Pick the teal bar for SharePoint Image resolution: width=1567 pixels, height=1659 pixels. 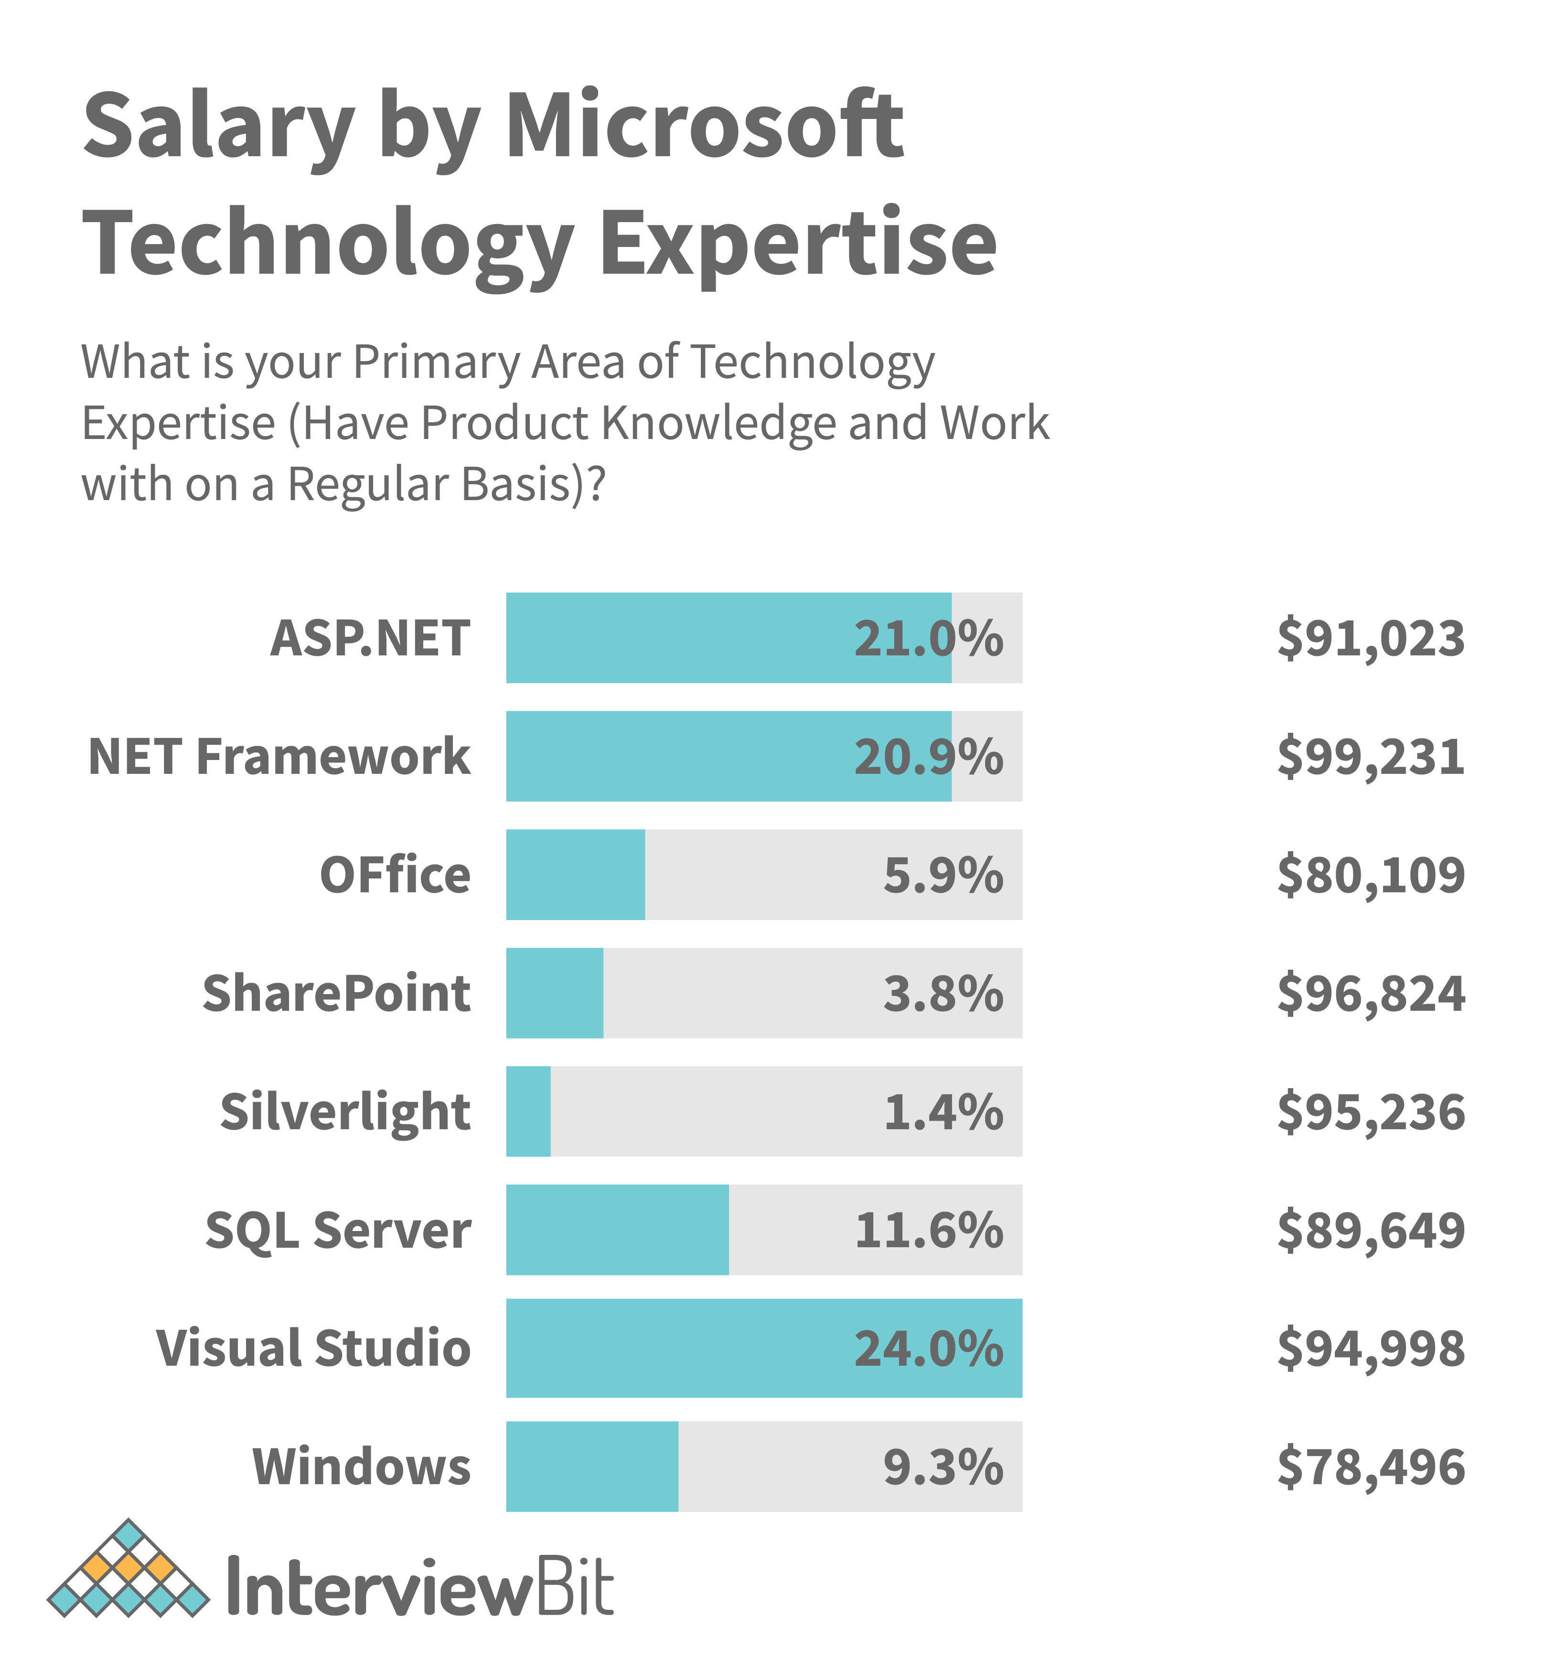[x=555, y=993]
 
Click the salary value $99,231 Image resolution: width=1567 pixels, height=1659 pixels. [x=1371, y=757]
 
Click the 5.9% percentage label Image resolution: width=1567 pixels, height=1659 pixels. [x=943, y=876]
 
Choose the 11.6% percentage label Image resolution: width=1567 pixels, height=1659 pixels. [x=928, y=1231]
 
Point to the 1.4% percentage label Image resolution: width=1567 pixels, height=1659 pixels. [x=943, y=1112]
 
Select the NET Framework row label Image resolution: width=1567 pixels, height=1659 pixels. [x=279, y=757]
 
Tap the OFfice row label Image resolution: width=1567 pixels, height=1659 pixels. [x=395, y=876]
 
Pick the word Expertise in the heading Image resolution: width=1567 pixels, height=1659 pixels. [x=798, y=244]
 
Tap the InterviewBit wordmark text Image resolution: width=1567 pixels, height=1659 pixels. [x=420, y=1585]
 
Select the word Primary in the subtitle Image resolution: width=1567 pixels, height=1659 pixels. [x=436, y=363]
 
